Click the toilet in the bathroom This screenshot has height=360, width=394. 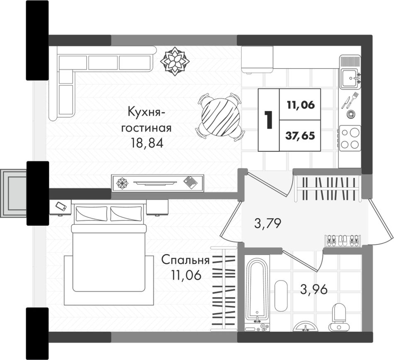(338, 317)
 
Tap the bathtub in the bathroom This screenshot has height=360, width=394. (257, 292)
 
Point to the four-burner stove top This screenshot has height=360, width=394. (350, 138)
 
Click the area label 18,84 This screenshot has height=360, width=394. (147, 143)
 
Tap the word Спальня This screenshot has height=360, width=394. (185, 260)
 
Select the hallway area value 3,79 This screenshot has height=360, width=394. (268, 223)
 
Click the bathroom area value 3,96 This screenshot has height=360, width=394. (314, 290)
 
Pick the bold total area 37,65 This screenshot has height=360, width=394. (300, 136)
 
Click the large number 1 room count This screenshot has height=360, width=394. (269, 120)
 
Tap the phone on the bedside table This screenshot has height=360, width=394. (61, 206)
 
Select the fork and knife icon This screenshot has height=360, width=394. (350, 100)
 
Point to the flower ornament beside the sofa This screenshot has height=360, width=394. (175, 61)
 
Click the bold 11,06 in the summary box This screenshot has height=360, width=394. (301, 105)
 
